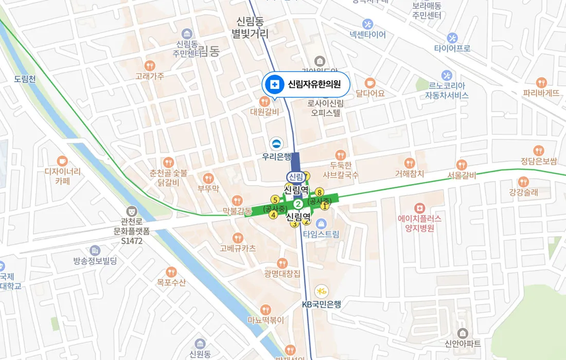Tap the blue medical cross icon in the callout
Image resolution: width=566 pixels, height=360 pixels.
click(x=275, y=84)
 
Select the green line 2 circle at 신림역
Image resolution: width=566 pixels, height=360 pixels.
click(x=297, y=203)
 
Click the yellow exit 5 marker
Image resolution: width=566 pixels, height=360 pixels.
click(x=275, y=200)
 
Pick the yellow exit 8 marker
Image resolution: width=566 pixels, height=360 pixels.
click(x=320, y=192)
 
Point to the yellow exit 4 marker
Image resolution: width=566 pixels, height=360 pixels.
click(x=273, y=215)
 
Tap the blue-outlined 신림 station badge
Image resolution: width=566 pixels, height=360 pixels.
click(x=296, y=177)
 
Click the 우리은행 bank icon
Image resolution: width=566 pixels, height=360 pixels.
click(x=276, y=143)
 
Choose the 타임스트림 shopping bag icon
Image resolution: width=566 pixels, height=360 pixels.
click(x=322, y=223)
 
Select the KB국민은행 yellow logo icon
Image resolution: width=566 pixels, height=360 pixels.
click(x=322, y=291)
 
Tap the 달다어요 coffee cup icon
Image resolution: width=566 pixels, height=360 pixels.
click(x=370, y=83)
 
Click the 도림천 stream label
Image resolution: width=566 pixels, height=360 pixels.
click(x=25, y=79)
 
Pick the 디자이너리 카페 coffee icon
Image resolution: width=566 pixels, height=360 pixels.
click(x=62, y=160)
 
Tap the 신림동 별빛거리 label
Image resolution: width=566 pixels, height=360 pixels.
click(x=250, y=28)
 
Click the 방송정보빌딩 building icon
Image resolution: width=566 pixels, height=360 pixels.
click(x=95, y=250)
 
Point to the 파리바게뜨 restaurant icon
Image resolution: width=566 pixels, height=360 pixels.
click(x=541, y=82)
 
